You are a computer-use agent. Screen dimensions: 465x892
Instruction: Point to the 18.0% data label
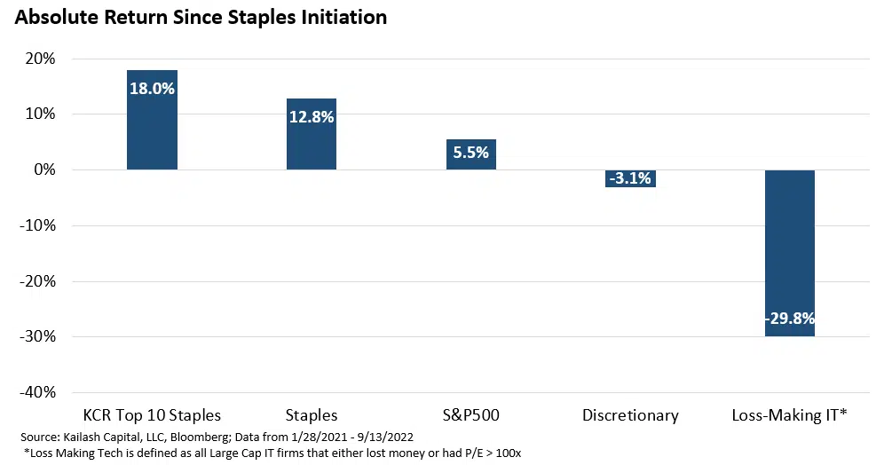(x=152, y=88)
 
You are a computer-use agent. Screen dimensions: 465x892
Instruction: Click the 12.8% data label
(x=311, y=116)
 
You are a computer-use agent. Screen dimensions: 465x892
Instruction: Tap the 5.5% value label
(x=470, y=152)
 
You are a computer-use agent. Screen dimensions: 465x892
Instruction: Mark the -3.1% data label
(x=630, y=178)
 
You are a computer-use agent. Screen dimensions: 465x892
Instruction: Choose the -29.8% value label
(x=789, y=319)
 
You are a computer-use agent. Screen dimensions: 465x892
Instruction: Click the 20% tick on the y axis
(x=40, y=59)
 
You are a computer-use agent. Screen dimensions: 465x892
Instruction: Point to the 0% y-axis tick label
(x=43, y=169)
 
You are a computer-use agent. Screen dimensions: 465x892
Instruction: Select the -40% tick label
(x=37, y=392)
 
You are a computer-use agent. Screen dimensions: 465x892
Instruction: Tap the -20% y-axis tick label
(x=37, y=281)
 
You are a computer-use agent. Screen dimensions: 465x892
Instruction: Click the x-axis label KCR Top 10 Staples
(x=152, y=414)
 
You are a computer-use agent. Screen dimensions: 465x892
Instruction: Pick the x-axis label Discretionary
(x=630, y=414)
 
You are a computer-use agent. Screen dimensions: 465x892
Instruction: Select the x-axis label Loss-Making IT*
(x=789, y=414)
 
